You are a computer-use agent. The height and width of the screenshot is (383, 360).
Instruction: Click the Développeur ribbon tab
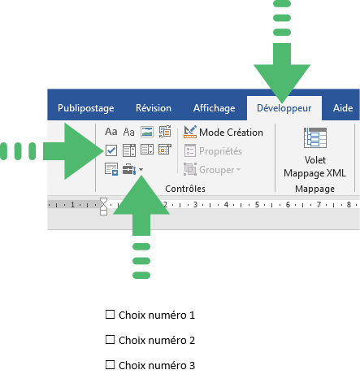[284, 108]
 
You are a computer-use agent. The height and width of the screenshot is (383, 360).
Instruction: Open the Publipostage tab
[85, 108]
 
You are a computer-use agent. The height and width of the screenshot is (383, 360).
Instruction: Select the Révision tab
[154, 108]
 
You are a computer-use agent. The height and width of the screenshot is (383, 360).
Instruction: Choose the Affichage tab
[214, 108]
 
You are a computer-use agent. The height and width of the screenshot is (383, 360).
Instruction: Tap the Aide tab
[343, 108]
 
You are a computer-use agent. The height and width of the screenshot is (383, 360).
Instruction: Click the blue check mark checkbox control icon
[111, 150]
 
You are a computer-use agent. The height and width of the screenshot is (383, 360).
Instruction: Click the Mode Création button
[223, 133]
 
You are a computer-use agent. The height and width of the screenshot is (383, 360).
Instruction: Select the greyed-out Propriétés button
[213, 151]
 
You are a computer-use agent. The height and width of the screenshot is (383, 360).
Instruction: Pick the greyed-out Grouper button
[212, 170]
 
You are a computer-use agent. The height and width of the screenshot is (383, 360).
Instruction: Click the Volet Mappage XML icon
[315, 137]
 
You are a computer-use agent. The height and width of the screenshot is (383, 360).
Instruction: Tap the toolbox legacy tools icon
[129, 169]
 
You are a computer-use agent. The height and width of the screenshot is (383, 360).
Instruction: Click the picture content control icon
[147, 132]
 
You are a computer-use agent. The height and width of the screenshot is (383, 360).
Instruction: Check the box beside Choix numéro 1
[110, 315]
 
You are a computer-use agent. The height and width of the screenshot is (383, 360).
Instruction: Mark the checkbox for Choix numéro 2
[110, 340]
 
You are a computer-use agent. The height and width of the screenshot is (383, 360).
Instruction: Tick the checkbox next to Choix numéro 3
[110, 365]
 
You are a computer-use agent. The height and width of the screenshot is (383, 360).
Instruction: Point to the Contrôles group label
[185, 189]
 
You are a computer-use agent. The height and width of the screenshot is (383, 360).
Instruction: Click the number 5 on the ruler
[257, 205]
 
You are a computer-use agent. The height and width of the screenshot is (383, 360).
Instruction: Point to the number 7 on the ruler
[319, 205]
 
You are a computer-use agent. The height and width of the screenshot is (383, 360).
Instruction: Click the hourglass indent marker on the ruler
[103, 207]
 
